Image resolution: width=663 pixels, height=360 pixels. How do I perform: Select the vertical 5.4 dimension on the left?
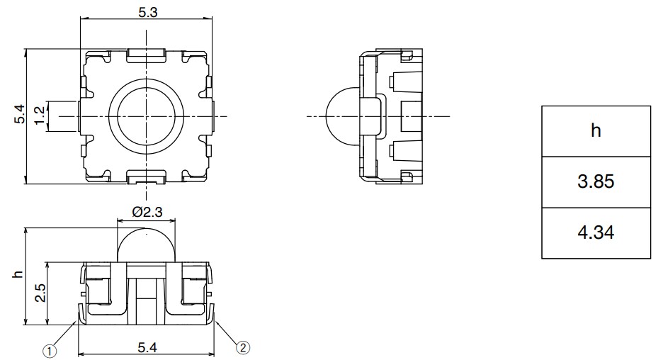click(x=19, y=115)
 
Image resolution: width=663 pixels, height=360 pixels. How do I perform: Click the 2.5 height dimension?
click(x=40, y=292)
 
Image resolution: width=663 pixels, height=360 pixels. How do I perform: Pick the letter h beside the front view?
click(x=18, y=275)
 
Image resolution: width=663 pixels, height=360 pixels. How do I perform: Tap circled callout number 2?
click(x=242, y=347)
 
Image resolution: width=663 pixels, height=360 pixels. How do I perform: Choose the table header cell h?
click(x=596, y=131)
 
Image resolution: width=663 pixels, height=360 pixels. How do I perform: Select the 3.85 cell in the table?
click(x=596, y=182)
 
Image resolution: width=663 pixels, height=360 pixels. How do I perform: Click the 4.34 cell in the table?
click(x=596, y=233)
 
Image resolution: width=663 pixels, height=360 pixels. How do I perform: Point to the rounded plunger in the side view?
click(x=342, y=116)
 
